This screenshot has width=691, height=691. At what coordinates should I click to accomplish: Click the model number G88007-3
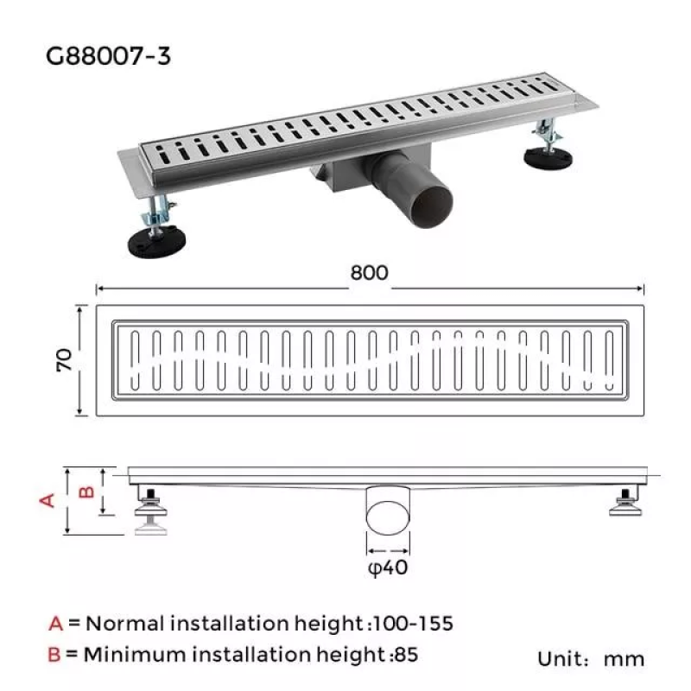click(x=109, y=57)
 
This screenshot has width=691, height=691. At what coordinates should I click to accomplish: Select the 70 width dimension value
click(x=63, y=359)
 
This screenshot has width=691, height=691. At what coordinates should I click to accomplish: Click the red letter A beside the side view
click(x=48, y=499)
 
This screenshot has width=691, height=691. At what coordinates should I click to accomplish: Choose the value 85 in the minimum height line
click(x=406, y=654)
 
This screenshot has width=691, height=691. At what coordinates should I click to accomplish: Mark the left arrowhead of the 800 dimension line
click(x=98, y=288)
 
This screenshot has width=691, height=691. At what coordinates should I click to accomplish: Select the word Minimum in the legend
click(x=130, y=654)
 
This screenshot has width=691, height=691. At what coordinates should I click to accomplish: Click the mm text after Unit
click(x=624, y=659)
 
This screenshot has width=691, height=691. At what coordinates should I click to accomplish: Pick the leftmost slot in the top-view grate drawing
click(x=135, y=359)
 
